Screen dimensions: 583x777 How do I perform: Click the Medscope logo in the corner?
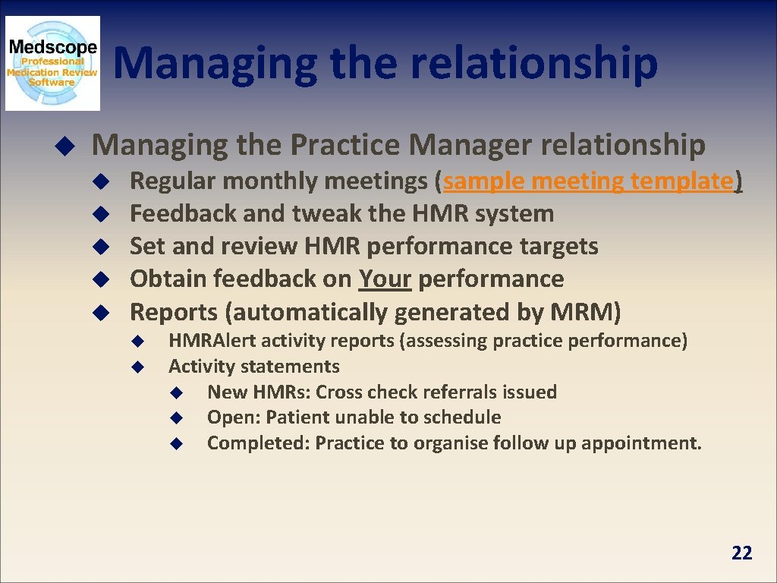click(52, 64)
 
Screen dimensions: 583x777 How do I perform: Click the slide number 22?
click(741, 553)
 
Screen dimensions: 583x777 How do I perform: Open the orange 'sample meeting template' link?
click(588, 181)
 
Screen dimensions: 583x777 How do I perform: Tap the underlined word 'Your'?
click(385, 279)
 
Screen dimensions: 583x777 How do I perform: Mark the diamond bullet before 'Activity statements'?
click(137, 367)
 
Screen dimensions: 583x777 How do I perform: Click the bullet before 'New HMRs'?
click(175, 392)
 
